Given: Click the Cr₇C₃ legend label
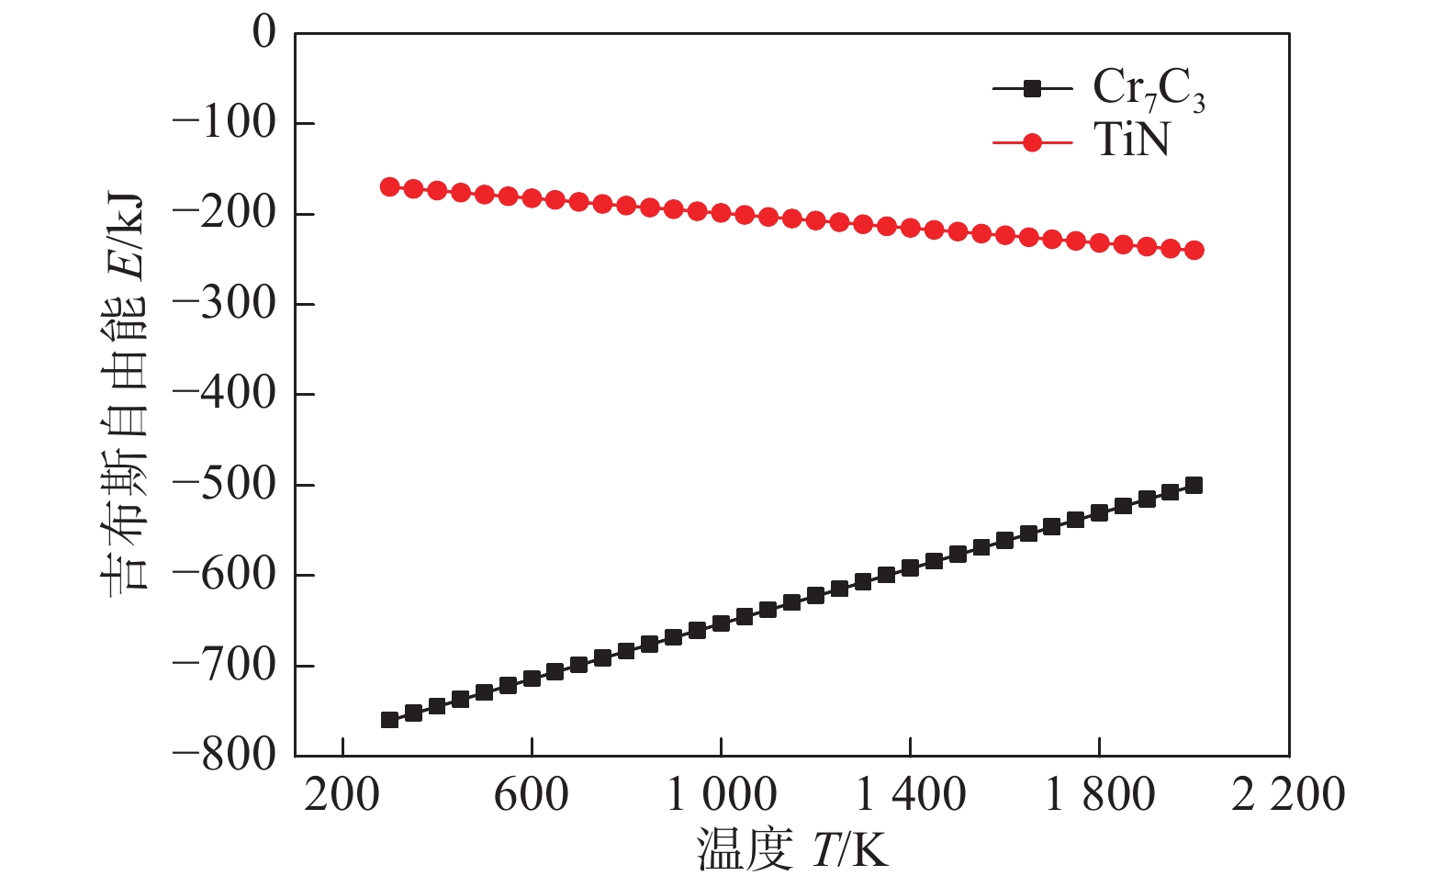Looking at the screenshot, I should (x=1148, y=90).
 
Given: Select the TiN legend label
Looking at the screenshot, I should (x=1131, y=140).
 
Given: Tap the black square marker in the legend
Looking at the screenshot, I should (x=1032, y=89).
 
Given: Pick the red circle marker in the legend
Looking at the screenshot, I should (x=1032, y=142).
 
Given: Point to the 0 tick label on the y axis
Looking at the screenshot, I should (x=263, y=33).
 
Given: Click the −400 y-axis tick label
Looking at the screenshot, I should (x=224, y=394).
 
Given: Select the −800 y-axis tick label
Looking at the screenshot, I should (x=224, y=755).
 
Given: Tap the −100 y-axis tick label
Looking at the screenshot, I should (x=224, y=123).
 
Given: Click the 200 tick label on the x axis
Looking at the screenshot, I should (x=342, y=794).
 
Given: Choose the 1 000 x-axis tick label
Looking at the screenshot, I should (x=722, y=794).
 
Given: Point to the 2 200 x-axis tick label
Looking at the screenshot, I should (x=1288, y=794).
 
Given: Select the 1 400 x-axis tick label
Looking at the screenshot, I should (x=911, y=794).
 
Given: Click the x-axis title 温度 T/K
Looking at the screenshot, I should (x=792, y=849).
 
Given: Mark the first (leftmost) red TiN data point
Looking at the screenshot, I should (x=389, y=187).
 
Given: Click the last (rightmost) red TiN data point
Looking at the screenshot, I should (x=1194, y=250).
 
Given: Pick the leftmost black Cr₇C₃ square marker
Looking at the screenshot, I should (x=389, y=720).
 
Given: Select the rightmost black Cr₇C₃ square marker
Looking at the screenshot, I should (x=1194, y=485).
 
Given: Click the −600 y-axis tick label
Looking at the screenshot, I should (x=224, y=575).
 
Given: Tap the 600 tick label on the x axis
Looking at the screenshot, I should (x=532, y=794).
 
